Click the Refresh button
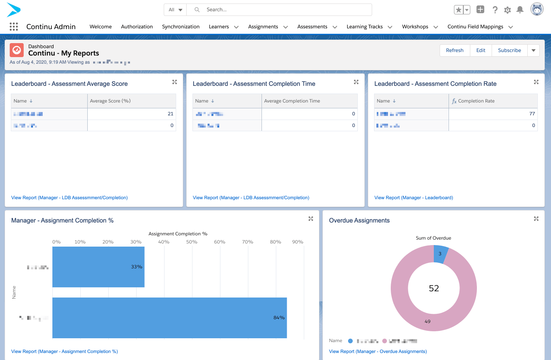[x=454, y=50]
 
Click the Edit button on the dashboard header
[x=481, y=50]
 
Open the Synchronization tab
[x=180, y=27]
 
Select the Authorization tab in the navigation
[x=137, y=27]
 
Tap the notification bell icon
[x=520, y=10]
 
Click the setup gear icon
[x=508, y=10]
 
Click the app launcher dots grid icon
[x=14, y=26]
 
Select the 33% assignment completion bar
[x=98, y=267]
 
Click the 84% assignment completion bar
[x=169, y=318]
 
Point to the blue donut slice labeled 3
[x=440, y=254]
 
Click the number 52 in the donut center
[x=434, y=288]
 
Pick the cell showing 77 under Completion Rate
[x=493, y=114]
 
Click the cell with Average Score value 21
[x=132, y=114]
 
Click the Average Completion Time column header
[x=292, y=101]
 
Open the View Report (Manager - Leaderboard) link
[x=414, y=198]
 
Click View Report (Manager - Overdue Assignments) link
[x=378, y=351]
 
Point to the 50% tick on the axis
[x=192, y=242]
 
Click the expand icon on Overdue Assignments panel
[x=536, y=219]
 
